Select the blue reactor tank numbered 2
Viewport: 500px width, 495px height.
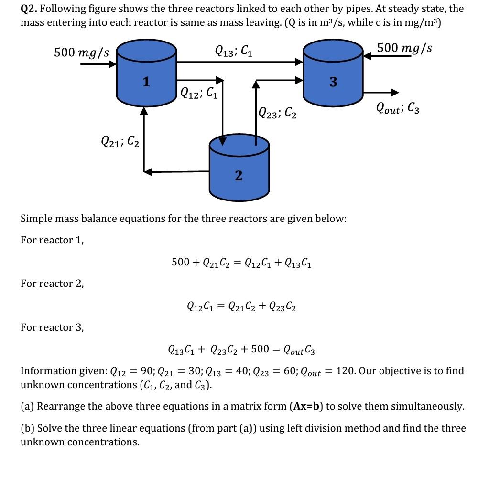click(239, 169)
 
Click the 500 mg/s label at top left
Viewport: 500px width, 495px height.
click(82, 53)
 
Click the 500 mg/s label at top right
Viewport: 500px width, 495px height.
click(404, 48)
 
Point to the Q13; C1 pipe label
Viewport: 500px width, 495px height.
click(234, 50)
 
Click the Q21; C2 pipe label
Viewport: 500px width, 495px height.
click(120, 141)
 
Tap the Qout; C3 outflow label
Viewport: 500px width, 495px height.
click(398, 109)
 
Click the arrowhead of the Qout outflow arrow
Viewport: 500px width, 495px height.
click(394, 93)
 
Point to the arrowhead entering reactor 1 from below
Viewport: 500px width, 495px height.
click(143, 111)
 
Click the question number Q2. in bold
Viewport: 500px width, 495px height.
click(31, 9)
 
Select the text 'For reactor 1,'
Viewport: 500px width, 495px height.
click(52, 240)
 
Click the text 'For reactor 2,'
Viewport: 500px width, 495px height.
click(52, 284)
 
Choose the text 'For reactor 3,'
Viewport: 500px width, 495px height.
click(52, 327)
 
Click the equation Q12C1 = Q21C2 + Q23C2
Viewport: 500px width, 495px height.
click(241, 306)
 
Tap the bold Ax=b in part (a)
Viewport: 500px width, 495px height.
click(306, 407)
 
